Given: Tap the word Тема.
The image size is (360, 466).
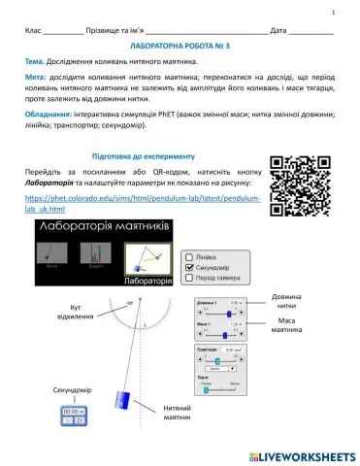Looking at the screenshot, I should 38,61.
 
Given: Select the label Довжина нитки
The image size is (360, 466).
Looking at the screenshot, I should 285,301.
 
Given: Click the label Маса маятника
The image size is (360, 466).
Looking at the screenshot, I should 285,325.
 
